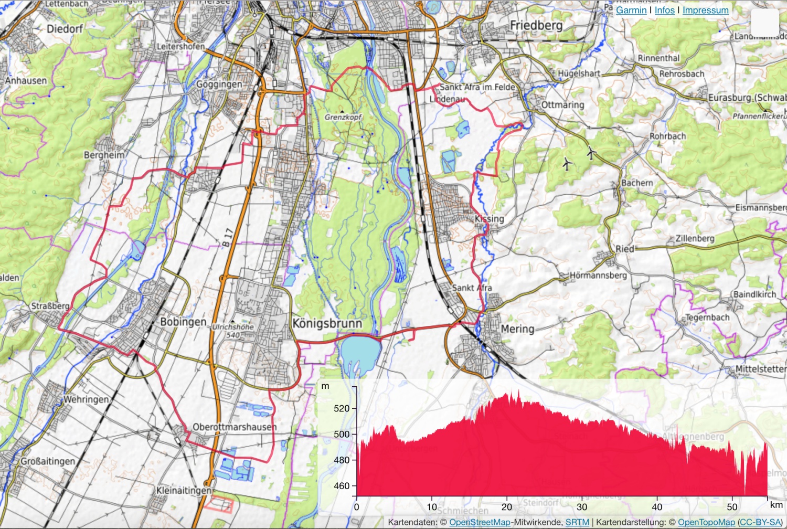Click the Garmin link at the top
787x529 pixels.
coord(631,10)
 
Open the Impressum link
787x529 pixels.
coord(705,10)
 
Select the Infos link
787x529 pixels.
coord(664,10)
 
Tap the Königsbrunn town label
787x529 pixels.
coord(327,323)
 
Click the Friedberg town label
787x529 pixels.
coord(536,25)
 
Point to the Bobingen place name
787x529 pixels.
coord(183,321)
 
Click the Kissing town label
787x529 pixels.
coord(489,219)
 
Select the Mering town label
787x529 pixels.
coord(517,329)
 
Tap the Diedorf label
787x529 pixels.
coord(65,29)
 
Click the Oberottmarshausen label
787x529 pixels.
coord(235,427)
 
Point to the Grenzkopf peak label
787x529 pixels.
coord(343,117)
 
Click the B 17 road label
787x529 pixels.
coord(227,238)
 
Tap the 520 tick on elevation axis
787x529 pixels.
coord(341,408)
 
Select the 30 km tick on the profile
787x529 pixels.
coord(582,507)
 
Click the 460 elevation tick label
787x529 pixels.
coord(341,486)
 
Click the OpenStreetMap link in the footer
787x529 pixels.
coord(480,522)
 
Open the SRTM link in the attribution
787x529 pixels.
coord(577,522)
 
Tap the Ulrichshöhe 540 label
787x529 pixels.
coord(233,331)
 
